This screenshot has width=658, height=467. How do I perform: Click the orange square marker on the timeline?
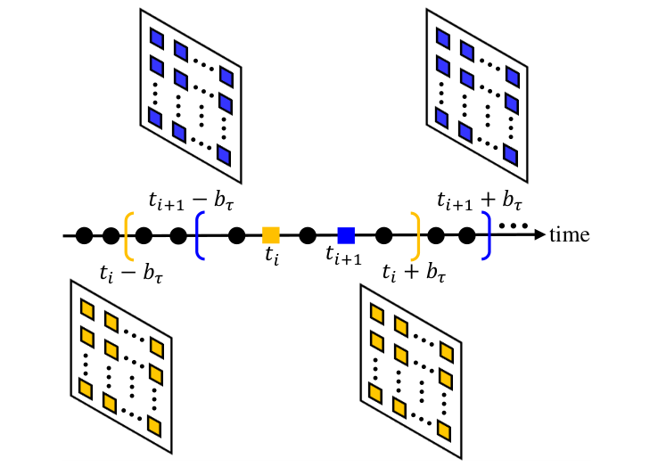pos(271,235)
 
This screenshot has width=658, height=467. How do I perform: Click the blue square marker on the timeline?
pos(347,235)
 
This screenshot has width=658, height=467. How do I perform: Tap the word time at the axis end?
pos(569,235)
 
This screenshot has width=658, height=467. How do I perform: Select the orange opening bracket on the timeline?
pos(130,235)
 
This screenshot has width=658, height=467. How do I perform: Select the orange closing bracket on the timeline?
pos(415,235)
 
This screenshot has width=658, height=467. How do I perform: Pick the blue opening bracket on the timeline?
pos(200,235)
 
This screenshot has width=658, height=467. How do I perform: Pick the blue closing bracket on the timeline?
pos(486,235)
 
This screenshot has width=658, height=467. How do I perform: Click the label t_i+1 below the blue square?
pos(344,258)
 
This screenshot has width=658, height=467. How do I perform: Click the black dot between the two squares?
pos(308,235)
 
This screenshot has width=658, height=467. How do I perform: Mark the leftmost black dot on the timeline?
pos(84,235)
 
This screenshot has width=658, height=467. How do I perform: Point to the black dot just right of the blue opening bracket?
pos(237,235)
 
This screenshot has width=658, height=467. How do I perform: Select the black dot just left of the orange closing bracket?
pos(384,235)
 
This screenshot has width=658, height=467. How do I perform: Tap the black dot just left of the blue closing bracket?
pos(466,235)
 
